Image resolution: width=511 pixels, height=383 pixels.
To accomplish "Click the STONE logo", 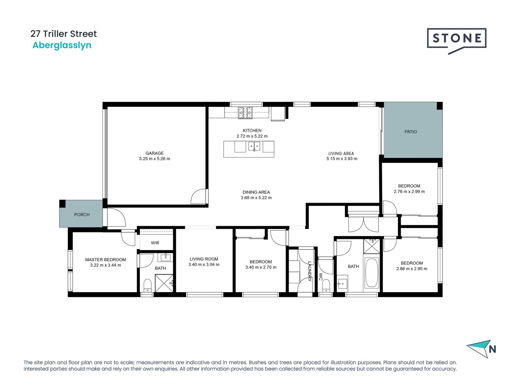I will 456,39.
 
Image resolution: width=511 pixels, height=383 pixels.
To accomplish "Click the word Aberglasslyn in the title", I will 62,45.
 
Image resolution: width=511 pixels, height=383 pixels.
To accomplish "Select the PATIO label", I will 411,132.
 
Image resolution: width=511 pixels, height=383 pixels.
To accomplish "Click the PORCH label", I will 82,215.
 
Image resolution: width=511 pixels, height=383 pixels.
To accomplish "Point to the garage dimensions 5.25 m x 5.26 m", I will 155,159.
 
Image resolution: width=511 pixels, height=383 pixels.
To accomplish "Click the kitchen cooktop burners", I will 245,113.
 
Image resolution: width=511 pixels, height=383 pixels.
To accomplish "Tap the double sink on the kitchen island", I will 254,146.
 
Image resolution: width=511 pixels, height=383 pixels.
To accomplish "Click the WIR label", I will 155,243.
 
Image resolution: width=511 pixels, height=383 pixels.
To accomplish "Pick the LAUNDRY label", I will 310,271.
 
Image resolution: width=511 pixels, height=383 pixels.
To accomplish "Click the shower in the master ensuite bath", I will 164,283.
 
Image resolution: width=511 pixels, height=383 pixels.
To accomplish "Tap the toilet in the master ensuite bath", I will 147,285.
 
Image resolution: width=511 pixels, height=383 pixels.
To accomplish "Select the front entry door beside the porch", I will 116,217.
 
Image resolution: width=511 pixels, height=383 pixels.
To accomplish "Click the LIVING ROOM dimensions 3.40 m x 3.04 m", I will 204,265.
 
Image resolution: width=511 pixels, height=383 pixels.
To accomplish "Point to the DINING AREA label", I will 256,192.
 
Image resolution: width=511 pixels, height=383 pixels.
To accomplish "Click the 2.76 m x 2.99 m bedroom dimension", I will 409,191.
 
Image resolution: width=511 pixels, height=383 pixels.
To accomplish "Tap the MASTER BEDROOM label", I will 105,260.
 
